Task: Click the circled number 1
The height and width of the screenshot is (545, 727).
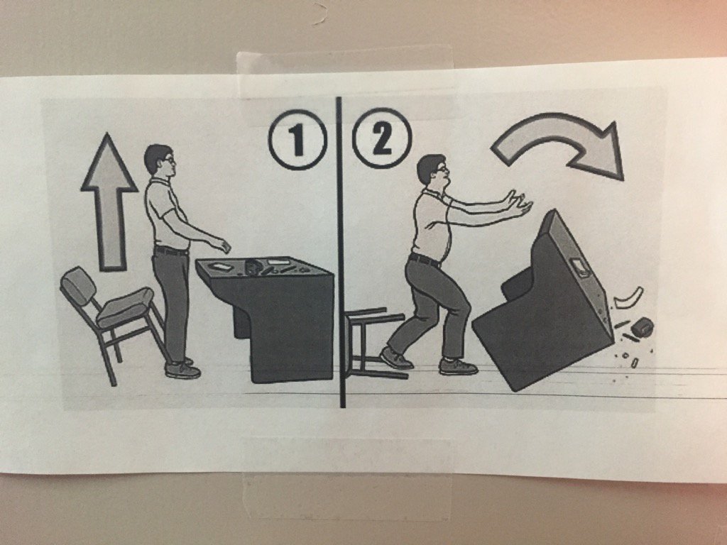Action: [297, 140]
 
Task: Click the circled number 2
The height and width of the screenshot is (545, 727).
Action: [381, 140]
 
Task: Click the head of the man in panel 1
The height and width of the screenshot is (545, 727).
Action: [159, 162]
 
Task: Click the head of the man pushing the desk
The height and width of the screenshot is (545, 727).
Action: [431, 172]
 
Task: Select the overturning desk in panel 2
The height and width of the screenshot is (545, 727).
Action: [543, 312]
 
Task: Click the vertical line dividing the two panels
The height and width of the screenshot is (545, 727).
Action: [340, 284]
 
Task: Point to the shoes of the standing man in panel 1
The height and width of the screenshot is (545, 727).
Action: [182, 368]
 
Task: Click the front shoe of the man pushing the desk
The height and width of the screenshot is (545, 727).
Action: [457, 366]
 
